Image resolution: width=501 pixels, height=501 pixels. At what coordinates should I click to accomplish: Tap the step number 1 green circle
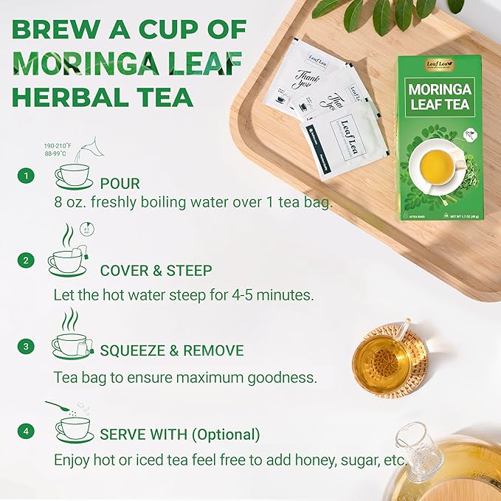coord(27,176)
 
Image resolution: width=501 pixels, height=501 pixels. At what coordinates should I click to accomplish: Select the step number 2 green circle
coord(27,260)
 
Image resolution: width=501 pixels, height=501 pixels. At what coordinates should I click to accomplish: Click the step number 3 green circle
coord(27,345)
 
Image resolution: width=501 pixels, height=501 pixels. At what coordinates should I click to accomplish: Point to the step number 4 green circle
coord(27,430)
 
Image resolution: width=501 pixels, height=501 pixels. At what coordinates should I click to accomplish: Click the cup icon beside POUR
coord(73,176)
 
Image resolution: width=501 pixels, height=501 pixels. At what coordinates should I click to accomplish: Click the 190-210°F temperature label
coord(57,146)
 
